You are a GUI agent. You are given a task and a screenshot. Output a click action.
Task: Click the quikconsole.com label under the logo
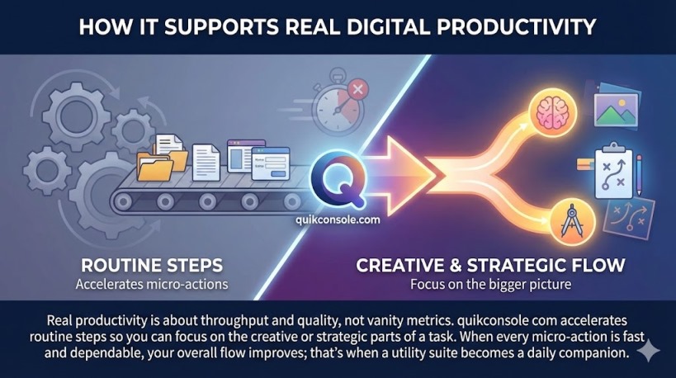337,220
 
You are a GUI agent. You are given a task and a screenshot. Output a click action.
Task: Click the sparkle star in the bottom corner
649,350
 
